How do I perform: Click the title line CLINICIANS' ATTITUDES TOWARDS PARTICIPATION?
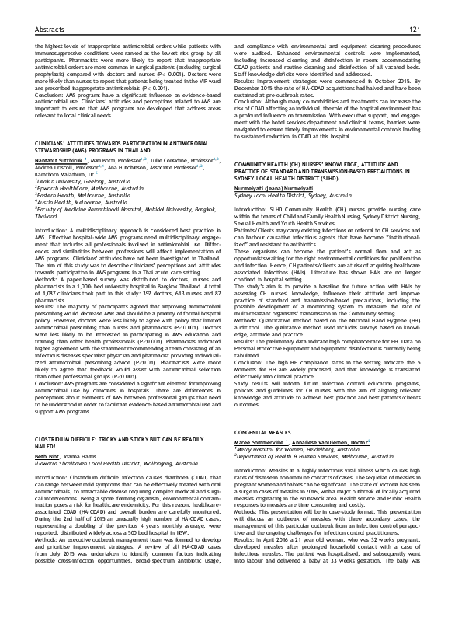tap(120, 143)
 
